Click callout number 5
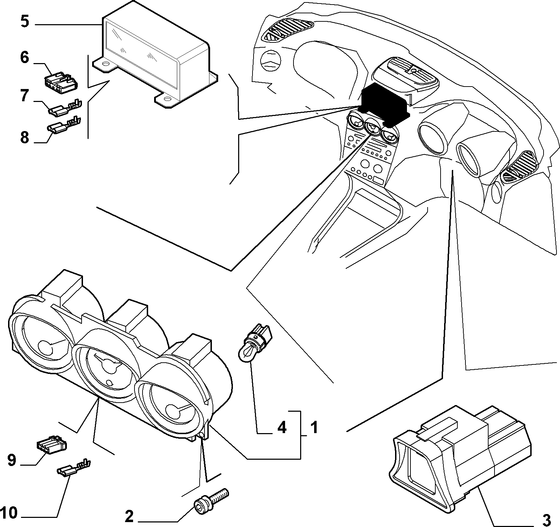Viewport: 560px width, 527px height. coord(25,21)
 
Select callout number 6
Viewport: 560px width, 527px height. coord(24,57)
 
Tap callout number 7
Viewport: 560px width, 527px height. coord(24,95)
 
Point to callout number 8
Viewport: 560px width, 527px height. coord(24,137)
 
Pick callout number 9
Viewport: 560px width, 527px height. coord(12,460)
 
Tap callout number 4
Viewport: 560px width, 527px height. coord(282,427)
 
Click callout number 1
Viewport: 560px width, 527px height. coord(314,427)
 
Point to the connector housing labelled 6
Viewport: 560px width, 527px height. coord(61,80)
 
